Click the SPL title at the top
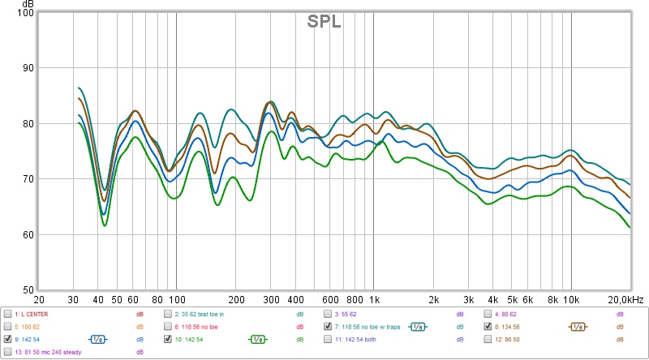tap(324, 22)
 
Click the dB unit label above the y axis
tap(27, 4)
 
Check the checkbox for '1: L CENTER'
tap(8, 314)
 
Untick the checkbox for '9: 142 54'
tap(8, 339)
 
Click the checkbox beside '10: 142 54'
tap(169, 339)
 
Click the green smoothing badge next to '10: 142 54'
tap(258, 339)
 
